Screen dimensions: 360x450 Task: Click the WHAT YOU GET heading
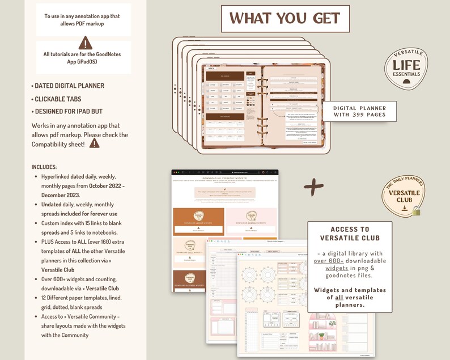point(285,18)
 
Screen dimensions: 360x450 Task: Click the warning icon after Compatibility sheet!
point(95,143)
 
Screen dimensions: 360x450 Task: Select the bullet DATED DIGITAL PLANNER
point(69,86)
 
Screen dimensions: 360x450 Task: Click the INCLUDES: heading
point(44,167)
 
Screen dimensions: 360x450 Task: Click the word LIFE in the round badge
point(407,66)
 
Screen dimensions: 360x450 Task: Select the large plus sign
point(313,188)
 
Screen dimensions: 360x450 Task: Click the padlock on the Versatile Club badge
point(417,211)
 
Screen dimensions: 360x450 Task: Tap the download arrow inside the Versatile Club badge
point(404,207)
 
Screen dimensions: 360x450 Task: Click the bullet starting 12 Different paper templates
point(81,298)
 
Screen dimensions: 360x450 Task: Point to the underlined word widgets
point(337,268)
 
